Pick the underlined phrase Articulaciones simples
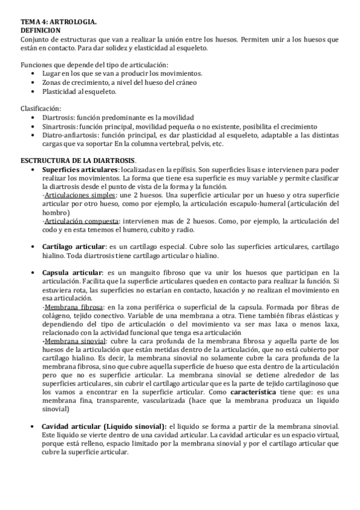coord(80,196)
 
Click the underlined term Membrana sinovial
coord(70,340)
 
